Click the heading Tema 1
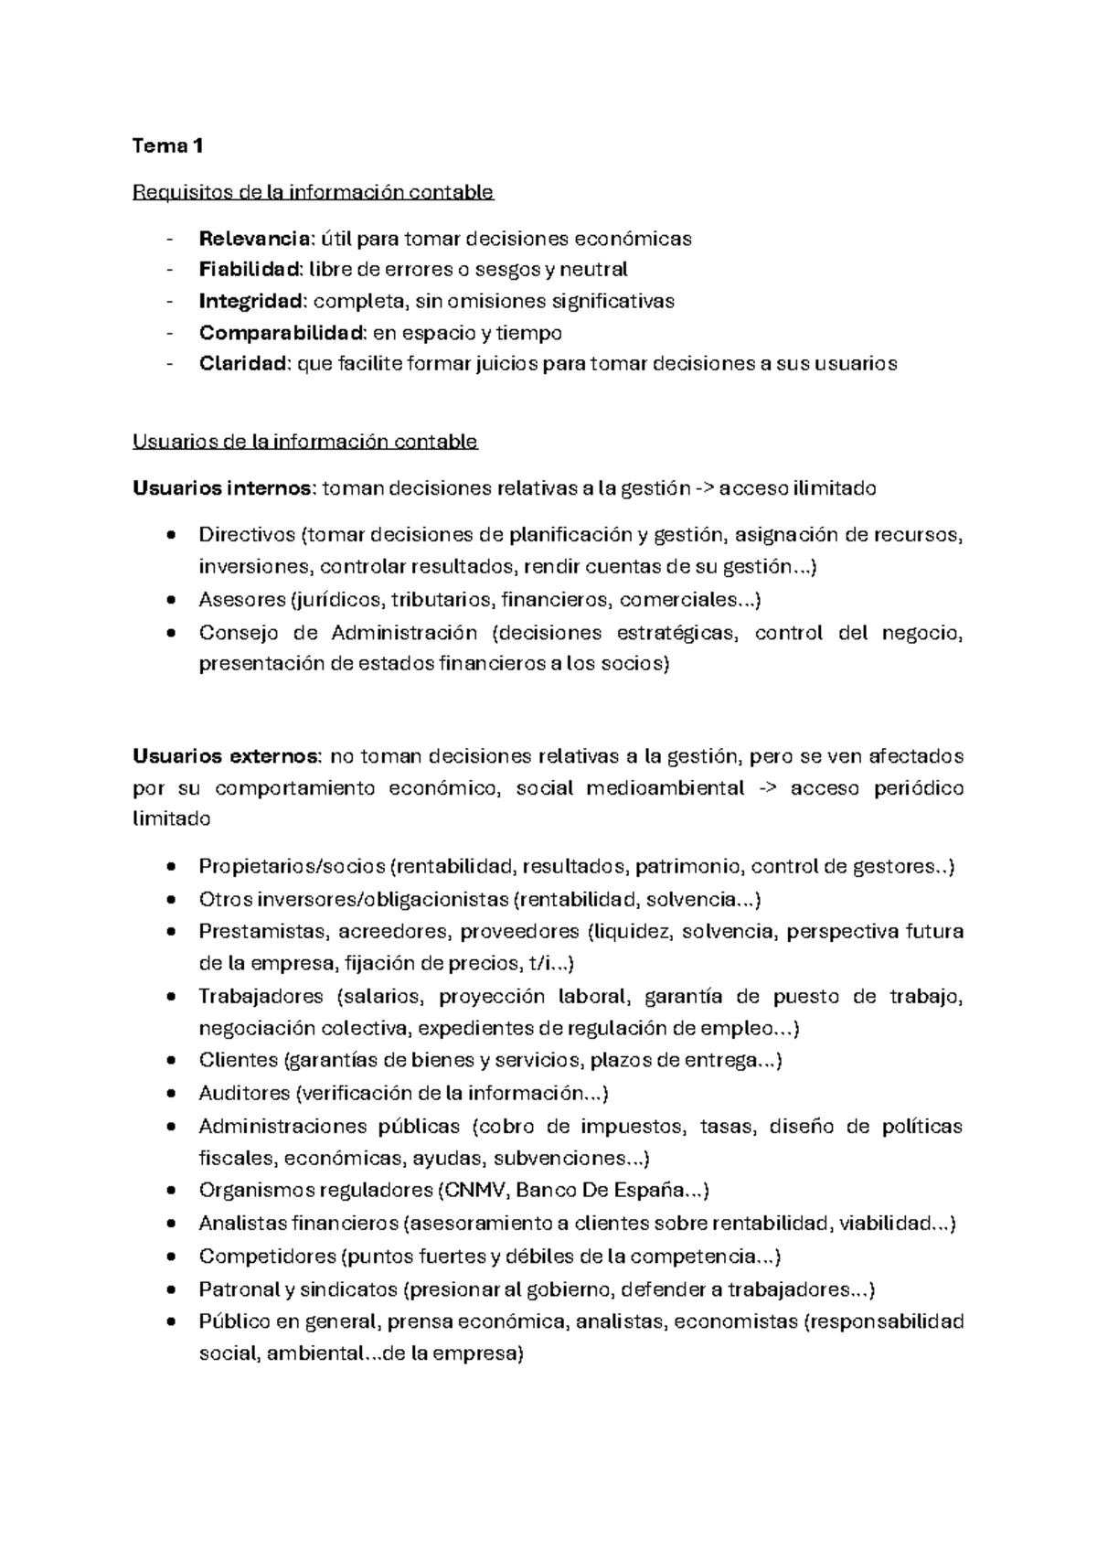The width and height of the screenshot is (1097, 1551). coord(168,145)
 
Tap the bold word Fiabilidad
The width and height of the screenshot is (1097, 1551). coord(250,270)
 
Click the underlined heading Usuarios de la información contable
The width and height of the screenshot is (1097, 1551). coord(305,442)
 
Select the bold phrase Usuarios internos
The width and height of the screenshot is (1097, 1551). coord(223,488)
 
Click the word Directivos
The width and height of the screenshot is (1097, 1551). coord(247,534)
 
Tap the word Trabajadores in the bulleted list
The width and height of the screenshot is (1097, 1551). coord(261,996)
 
